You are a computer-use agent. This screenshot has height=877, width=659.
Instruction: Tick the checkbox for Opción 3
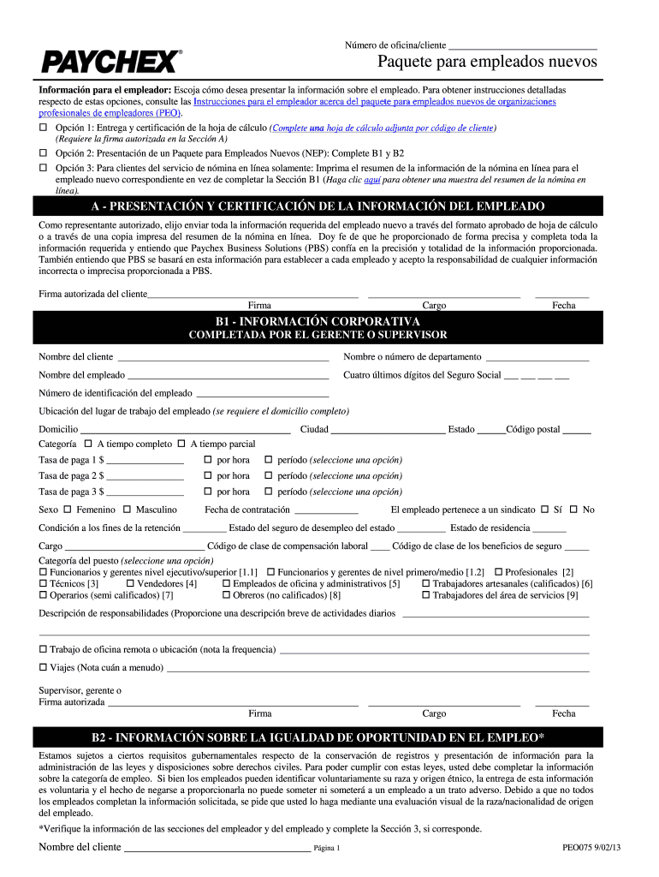(x=44, y=168)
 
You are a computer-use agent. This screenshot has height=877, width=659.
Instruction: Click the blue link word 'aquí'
(x=372, y=181)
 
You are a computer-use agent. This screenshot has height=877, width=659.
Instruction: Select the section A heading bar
(x=329, y=207)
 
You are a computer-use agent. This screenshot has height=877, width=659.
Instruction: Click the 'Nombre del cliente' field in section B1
(x=223, y=357)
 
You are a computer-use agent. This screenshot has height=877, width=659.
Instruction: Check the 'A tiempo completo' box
(x=88, y=444)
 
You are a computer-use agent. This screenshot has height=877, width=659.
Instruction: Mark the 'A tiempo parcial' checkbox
(x=181, y=444)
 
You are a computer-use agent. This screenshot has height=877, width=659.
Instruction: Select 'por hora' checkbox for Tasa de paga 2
(x=207, y=475)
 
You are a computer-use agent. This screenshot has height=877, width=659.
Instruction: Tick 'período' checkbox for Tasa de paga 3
(x=269, y=492)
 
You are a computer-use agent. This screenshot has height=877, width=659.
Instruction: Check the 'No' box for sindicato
(x=573, y=510)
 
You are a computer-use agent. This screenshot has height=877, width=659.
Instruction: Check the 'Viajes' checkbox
(x=44, y=667)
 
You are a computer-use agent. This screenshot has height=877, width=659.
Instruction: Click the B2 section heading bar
(x=329, y=737)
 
